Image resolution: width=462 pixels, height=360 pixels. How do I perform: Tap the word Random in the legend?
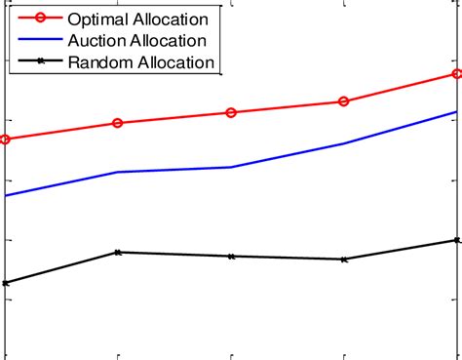tap(98, 62)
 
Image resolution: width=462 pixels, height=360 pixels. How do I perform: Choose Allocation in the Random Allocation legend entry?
tap(175, 62)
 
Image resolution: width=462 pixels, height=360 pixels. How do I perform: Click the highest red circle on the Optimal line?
tap(457, 74)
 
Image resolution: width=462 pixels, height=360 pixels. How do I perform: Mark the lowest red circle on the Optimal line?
tap(5, 140)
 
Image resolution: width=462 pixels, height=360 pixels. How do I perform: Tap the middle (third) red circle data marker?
tap(231, 113)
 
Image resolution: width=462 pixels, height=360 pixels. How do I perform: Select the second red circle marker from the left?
tap(118, 123)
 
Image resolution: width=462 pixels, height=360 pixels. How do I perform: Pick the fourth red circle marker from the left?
tap(344, 101)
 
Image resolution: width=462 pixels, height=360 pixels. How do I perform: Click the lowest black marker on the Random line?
tap(5, 283)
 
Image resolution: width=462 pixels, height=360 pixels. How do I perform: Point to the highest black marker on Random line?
tap(457, 240)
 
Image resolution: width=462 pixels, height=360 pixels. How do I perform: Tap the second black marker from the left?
tap(118, 252)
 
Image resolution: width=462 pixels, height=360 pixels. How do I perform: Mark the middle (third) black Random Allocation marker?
tap(231, 257)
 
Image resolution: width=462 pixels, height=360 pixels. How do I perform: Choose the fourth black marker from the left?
tap(344, 260)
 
